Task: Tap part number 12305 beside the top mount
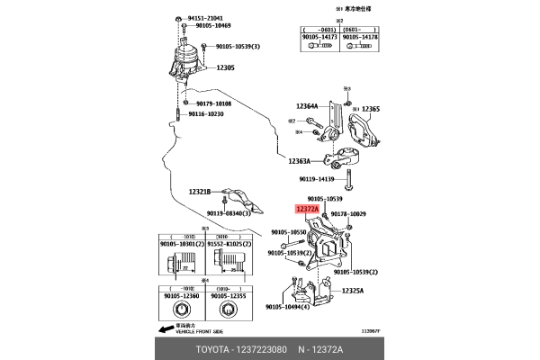click(x=226, y=67)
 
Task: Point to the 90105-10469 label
click(x=213, y=26)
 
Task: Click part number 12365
click(x=371, y=109)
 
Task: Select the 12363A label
click(x=300, y=161)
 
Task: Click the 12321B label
click(x=199, y=192)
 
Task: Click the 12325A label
click(x=353, y=291)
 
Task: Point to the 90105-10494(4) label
click(x=287, y=307)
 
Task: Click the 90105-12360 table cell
click(x=184, y=296)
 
